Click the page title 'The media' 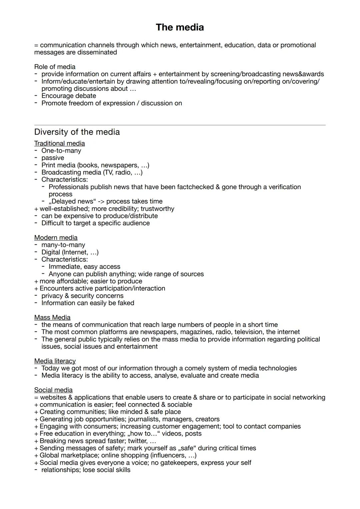180,27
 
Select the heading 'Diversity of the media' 77,132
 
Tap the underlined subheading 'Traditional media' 59,143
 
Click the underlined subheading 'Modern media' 56,238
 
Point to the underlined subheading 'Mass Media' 52,317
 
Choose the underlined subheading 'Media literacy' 55,361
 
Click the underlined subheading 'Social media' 53,390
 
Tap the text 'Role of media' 55,67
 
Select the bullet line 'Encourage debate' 69,96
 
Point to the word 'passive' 53,158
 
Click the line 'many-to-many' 63,245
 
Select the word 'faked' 126,303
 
